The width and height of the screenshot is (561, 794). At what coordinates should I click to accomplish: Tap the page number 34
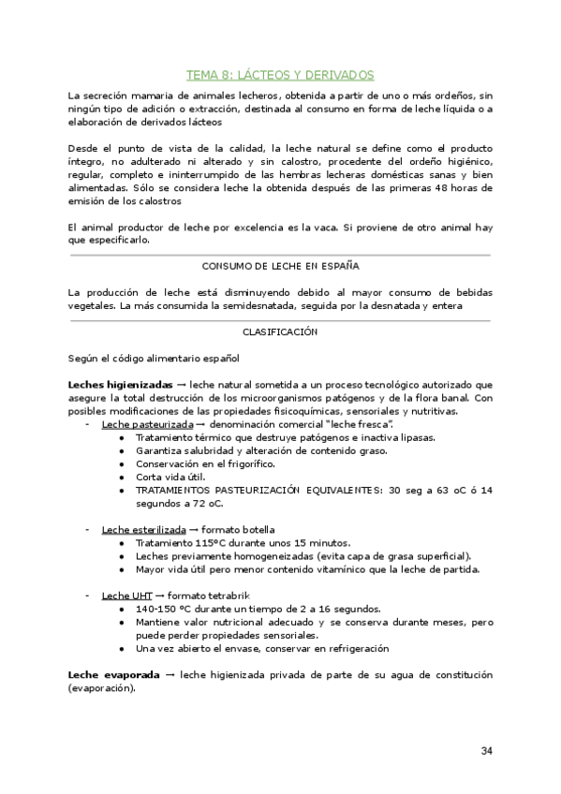click(x=486, y=751)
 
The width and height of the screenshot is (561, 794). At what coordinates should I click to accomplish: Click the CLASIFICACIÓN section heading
click(x=280, y=331)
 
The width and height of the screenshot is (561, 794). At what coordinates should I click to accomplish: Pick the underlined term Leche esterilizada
click(x=143, y=529)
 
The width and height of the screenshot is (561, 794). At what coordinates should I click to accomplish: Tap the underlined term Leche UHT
click(x=126, y=595)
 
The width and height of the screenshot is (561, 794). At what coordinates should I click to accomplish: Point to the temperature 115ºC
click(x=198, y=542)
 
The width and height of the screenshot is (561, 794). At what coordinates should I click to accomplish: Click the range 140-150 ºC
click(x=164, y=608)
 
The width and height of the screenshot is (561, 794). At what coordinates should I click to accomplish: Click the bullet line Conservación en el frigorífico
click(x=209, y=463)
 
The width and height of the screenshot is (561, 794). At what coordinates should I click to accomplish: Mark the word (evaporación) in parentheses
click(x=101, y=687)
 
